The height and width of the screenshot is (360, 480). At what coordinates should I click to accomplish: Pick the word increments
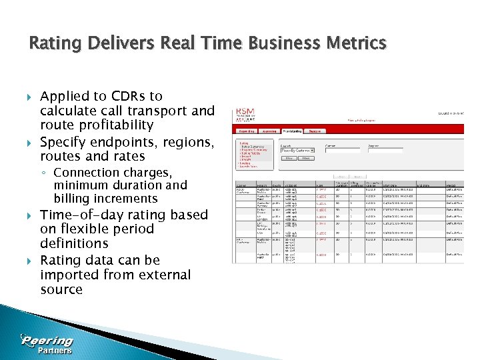point(125,199)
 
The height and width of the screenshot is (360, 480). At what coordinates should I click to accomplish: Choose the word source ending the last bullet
point(61,289)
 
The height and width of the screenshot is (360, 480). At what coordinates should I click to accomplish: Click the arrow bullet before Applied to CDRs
point(27,97)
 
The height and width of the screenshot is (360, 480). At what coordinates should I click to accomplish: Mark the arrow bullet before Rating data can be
point(27,261)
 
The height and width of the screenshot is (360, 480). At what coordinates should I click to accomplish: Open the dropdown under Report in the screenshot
point(297,151)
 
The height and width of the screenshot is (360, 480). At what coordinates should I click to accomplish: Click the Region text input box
point(381,151)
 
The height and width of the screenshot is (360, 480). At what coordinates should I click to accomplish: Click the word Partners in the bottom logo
point(55,351)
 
